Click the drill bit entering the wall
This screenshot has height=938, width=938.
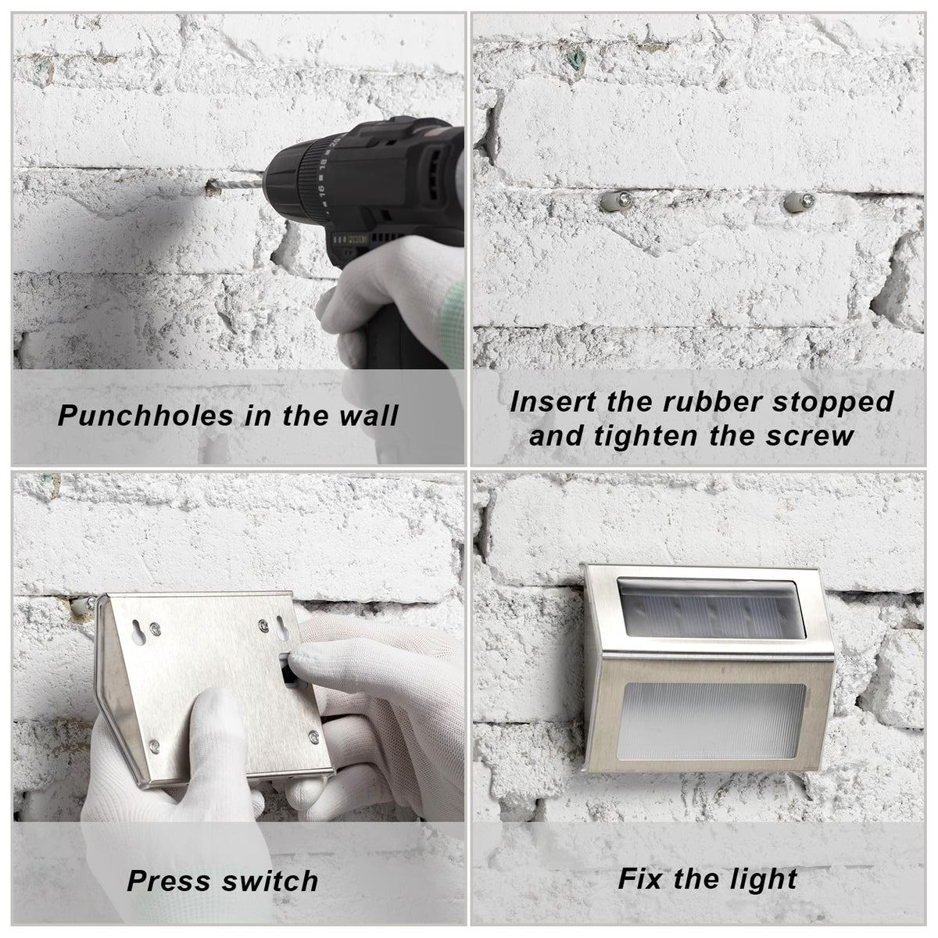click(x=239, y=186)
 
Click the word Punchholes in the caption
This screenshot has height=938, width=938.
click(x=145, y=416)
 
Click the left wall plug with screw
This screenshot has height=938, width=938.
click(x=617, y=201)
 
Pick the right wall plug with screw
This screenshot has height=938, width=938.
click(x=800, y=202)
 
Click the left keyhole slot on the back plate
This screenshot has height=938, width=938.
click(x=138, y=632)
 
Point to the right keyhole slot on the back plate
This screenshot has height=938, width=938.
click(x=282, y=628)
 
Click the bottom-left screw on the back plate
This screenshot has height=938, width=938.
click(x=154, y=744)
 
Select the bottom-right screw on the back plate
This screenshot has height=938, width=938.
click(x=314, y=736)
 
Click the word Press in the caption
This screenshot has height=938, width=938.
click(x=168, y=881)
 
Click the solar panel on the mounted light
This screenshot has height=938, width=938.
click(x=711, y=608)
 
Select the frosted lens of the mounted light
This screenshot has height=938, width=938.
click(x=711, y=721)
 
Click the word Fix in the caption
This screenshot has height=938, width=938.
click(x=639, y=879)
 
